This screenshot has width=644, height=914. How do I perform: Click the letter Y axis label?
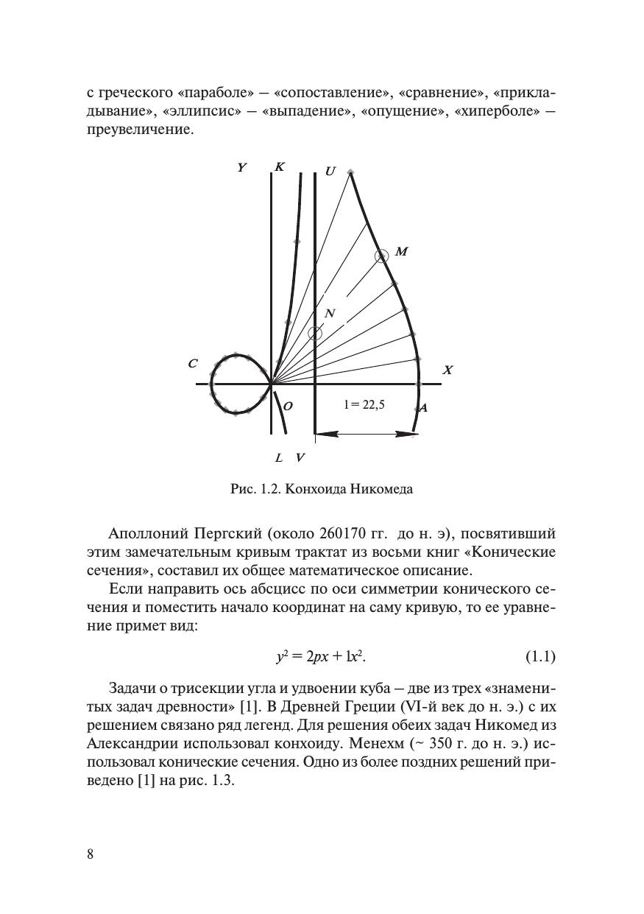tap(241, 168)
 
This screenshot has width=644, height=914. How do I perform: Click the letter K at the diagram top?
tap(279, 167)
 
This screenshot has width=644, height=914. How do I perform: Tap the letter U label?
tap(330, 172)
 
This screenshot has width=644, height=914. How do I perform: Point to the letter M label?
tap(401, 252)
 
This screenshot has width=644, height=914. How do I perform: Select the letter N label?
tap(330, 314)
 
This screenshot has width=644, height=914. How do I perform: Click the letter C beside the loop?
tap(193, 363)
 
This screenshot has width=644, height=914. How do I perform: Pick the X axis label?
tap(447, 370)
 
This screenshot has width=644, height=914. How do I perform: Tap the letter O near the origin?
tap(289, 407)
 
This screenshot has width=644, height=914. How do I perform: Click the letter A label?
tap(423, 407)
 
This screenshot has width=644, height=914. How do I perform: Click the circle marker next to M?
tap(381, 256)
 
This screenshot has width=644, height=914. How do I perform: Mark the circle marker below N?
tap(315, 333)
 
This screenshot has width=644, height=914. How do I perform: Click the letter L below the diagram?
tap(279, 458)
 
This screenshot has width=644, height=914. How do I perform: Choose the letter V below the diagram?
tap(300, 458)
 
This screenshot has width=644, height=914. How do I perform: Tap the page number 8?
tap(91, 854)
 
